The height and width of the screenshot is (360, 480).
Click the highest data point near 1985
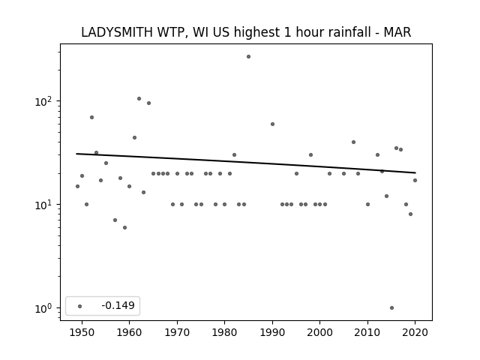pyautogui.click(x=248, y=57)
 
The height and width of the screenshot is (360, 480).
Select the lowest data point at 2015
pyautogui.click(x=391, y=308)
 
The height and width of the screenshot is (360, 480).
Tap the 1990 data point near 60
pyautogui.click(x=272, y=124)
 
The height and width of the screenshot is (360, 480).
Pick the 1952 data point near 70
pyautogui.click(x=91, y=118)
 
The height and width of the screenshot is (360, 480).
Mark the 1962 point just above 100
pyautogui.click(x=139, y=98)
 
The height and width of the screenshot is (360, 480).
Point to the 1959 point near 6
pyautogui.click(x=125, y=228)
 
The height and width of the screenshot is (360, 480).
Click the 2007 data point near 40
pyautogui.click(x=353, y=142)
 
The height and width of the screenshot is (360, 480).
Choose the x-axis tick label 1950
pyautogui.click(x=82, y=332)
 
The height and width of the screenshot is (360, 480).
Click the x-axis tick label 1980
pyautogui.click(x=225, y=332)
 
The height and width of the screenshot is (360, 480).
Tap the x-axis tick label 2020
pyautogui.click(x=415, y=332)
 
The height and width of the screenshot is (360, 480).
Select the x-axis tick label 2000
pyautogui.click(x=320, y=332)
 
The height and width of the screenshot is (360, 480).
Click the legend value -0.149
pyautogui.click(x=118, y=305)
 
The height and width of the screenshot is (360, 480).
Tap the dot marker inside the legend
pyautogui.click(x=80, y=306)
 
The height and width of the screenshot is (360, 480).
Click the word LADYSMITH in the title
pyautogui.click(x=117, y=32)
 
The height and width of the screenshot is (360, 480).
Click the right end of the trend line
pyautogui.click(x=415, y=173)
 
